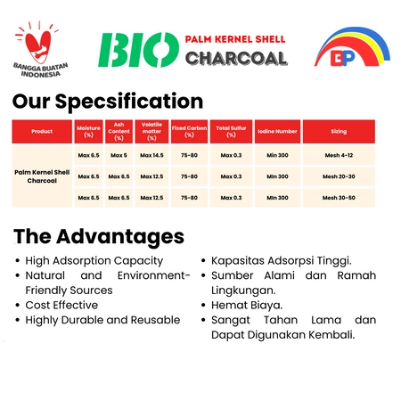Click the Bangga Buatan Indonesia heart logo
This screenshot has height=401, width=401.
(x=40, y=49)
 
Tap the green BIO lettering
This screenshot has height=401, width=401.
(x=139, y=50)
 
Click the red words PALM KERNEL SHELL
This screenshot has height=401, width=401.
(x=235, y=39)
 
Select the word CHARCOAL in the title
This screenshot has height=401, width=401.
(x=236, y=58)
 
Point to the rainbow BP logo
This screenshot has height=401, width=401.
(x=352, y=47)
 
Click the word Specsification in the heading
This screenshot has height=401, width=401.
(x=129, y=102)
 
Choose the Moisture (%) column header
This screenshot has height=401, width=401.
(x=88, y=131)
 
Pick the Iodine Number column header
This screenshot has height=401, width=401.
(x=277, y=131)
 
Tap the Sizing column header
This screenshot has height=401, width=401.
(x=339, y=131)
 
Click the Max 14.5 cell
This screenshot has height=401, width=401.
(x=151, y=155)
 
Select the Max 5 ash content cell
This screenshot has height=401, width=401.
(x=119, y=155)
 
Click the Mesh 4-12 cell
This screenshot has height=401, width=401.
(x=339, y=155)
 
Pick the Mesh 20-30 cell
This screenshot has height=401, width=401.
(x=339, y=176)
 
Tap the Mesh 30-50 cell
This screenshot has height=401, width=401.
(x=339, y=198)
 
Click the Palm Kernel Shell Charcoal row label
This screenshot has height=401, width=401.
(x=42, y=176)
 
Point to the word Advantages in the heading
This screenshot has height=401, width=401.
(x=120, y=237)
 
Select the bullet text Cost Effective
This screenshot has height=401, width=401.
(x=61, y=305)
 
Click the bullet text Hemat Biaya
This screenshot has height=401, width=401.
(x=247, y=305)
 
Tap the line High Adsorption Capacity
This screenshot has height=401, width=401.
(x=94, y=261)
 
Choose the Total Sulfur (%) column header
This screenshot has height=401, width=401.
(x=231, y=131)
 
